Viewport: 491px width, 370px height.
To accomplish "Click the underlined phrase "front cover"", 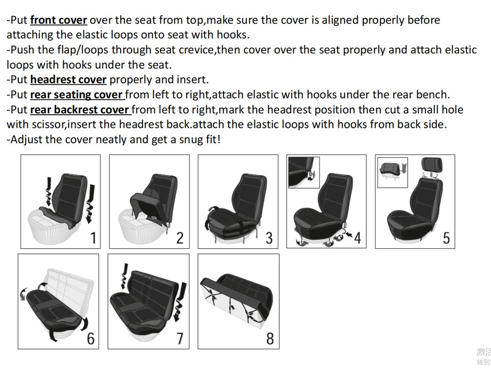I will coord(58,20).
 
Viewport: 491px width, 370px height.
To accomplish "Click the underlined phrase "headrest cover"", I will coord(68,80).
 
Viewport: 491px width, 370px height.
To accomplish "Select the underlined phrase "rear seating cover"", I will coord(77,95).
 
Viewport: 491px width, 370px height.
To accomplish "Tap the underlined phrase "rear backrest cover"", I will coord(79,110).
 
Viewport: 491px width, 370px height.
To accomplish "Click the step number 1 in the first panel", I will coord(93,238).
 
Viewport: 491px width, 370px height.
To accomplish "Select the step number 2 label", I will coord(180,238).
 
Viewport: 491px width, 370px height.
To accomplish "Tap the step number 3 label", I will coord(269,238).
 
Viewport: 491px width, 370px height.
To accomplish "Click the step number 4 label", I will coord(357,238).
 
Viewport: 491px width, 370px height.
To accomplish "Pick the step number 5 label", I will coord(446,238).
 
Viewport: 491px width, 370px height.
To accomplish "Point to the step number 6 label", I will coord(90,338).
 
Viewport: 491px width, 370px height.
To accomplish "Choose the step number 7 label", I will coord(180,338).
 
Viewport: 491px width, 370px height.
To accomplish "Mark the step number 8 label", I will coord(270,338).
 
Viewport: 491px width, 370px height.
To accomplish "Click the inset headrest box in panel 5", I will coord(393,172).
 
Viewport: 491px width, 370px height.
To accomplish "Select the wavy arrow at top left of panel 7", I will coord(124,276).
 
